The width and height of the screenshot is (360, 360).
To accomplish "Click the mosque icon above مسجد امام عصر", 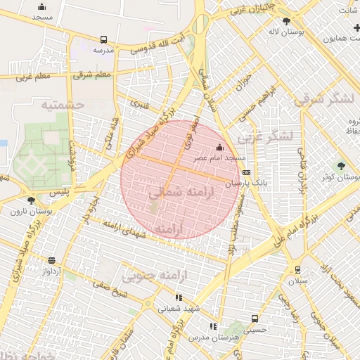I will (219, 147).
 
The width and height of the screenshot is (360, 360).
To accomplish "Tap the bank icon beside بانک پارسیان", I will (245, 172).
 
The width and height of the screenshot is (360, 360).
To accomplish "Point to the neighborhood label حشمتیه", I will (62, 105).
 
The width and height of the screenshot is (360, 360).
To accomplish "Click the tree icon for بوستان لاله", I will (285, 21).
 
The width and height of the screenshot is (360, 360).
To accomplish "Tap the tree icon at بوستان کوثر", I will (341, 166).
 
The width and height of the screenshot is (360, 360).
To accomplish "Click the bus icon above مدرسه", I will (104, 40).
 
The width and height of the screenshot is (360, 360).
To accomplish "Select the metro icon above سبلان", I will (297, 269).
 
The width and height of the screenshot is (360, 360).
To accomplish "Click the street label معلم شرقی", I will (92, 75).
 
